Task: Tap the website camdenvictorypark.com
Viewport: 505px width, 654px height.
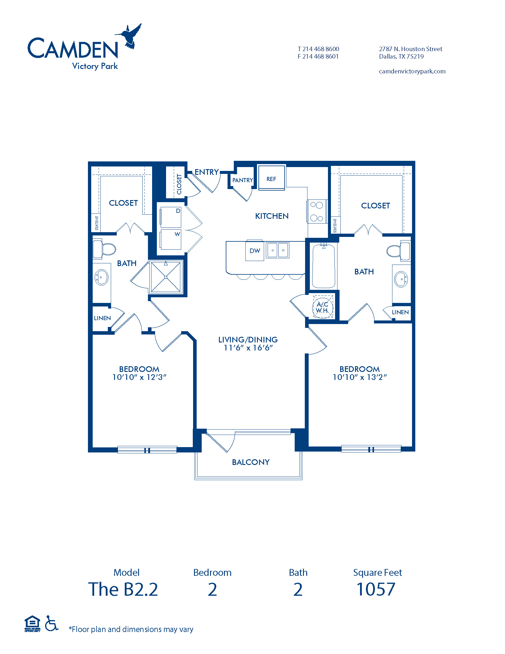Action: pyautogui.click(x=412, y=71)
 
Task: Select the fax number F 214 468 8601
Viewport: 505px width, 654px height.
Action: pyautogui.click(x=318, y=56)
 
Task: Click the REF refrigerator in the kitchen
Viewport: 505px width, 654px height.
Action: pyautogui.click(x=272, y=178)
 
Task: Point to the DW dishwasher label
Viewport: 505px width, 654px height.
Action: pyautogui.click(x=255, y=251)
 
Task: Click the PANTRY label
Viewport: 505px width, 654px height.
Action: pyautogui.click(x=243, y=180)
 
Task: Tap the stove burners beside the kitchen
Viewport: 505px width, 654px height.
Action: pyautogui.click(x=317, y=212)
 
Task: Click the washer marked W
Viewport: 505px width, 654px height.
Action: pyautogui.click(x=171, y=239)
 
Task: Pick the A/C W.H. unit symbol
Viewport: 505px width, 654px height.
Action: pyautogui.click(x=323, y=307)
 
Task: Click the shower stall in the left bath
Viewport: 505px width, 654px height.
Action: pyautogui.click(x=166, y=277)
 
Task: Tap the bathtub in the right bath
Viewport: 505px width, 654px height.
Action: pyautogui.click(x=323, y=266)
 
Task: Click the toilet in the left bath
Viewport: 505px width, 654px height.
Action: pyautogui.click(x=104, y=249)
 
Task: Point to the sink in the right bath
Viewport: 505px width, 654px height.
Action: pyautogui.click(x=401, y=279)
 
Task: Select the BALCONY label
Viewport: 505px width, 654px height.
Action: pyautogui.click(x=251, y=462)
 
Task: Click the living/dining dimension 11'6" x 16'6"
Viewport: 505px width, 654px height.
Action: pyautogui.click(x=248, y=348)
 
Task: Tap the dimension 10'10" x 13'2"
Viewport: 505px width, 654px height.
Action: pyautogui.click(x=360, y=377)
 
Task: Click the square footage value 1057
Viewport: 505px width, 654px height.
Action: pyautogui.click(x=376, y=589)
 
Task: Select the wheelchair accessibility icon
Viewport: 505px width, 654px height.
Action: pyautogui.click(x=51, y=623)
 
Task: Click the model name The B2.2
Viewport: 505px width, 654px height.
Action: pyautogui.click(x=123, y=589)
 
